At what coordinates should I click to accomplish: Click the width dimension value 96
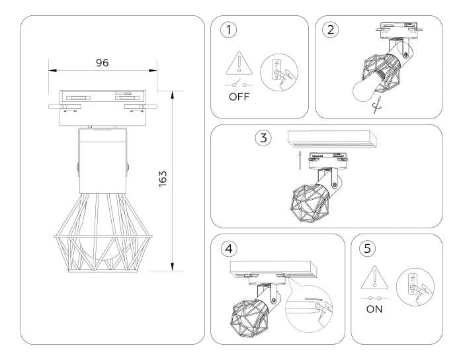pos(101,62)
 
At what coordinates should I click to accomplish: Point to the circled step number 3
pos(263,138)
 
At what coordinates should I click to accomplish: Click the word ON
pos(374,308)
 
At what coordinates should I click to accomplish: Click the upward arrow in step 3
pos(299,159)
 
